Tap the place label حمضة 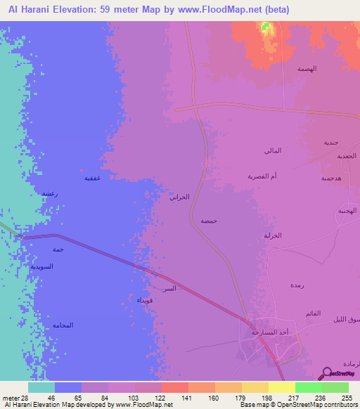208,221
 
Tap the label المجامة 63,325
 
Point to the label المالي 273,151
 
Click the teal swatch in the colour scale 41,387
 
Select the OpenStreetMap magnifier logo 326,372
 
